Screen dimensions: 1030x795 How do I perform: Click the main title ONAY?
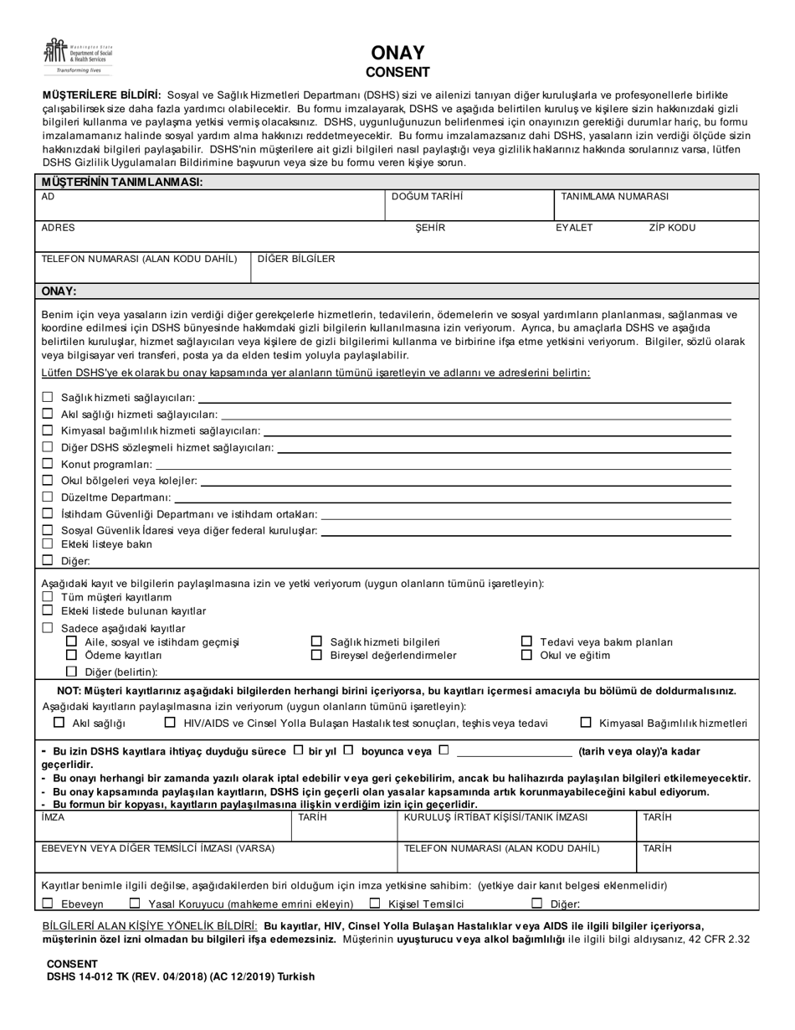point(397,54)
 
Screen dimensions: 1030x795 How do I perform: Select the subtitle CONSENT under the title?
point(397,72)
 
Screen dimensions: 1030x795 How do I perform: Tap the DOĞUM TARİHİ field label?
point(427,197)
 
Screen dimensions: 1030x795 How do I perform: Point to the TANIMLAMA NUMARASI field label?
point(614,197)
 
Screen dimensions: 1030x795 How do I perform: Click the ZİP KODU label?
point(672,228)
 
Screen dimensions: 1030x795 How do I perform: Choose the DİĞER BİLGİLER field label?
point(295,259)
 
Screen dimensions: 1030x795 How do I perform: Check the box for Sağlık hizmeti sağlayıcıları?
point(48,397)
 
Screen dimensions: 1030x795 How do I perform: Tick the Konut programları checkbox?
point(48,464)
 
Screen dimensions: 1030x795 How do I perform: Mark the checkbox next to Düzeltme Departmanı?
point(48,497)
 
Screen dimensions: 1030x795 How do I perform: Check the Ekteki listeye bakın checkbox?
point(48,543)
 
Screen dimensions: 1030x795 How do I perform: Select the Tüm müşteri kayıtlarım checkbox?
point(48,596)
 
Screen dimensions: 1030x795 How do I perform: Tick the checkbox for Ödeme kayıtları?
point(71,655)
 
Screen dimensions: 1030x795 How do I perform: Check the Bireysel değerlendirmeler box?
point(316,655)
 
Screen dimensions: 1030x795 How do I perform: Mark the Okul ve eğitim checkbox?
point(526,655)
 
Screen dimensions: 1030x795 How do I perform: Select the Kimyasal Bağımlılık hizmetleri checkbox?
point(586,723)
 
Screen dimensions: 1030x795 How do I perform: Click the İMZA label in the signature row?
point(53,817)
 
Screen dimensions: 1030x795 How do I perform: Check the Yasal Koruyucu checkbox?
point(135,904)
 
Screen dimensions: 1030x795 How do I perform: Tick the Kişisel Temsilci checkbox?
point(375,904)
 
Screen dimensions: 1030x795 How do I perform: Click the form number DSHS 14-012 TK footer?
point(180,976)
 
